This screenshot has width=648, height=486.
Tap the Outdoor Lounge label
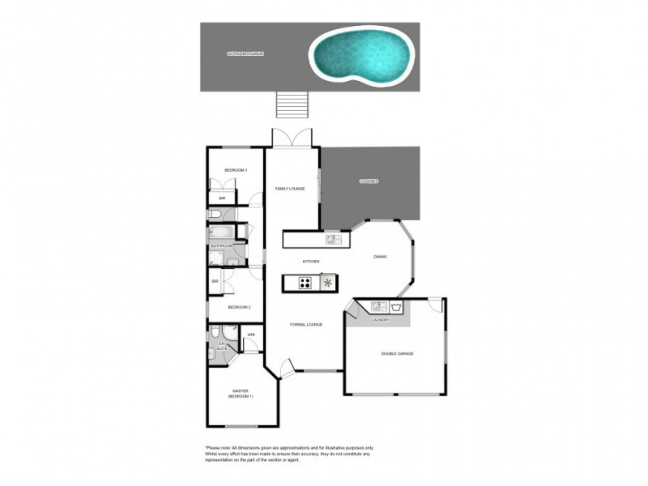[245, 54]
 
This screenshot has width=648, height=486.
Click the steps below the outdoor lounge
[292, 104]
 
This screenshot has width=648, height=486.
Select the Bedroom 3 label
[236, 170]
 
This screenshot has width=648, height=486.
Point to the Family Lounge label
[290, 189]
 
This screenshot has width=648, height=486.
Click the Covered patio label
[369, 181]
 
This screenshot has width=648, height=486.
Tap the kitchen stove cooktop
[306, 283]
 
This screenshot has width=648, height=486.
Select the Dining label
[380, 258]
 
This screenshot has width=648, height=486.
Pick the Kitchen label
[311, 262]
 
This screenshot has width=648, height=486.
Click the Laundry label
[381, 320]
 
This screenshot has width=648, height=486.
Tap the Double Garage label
[397, 354]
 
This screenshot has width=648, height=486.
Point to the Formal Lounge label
[306, 325]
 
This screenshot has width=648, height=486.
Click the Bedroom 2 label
[239, 307]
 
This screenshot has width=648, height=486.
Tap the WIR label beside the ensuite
[251, 335]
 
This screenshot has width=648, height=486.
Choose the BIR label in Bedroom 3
[222, 198]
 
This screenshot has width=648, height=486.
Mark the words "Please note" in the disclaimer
[218, 448]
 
